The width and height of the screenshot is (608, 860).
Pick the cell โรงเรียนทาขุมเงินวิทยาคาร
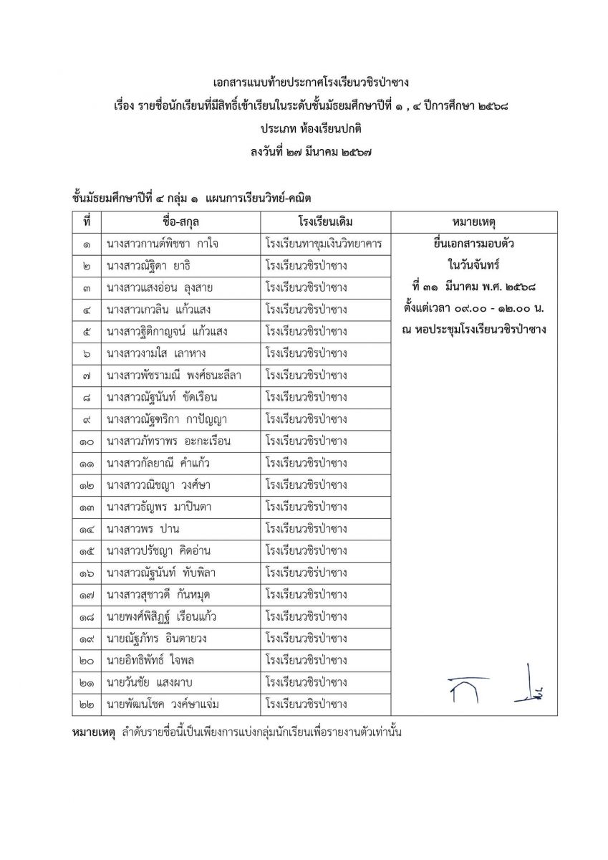tap(323, 244)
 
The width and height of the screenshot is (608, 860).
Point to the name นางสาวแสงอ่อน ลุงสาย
tap(158, 287)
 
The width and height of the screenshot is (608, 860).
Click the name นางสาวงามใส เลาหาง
tap(156, 353)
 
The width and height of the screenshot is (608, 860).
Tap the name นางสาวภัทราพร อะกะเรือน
tap(168, 441)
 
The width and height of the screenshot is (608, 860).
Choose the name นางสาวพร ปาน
tap(142, 529)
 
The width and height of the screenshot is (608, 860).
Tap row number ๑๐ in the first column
tap(86, 441)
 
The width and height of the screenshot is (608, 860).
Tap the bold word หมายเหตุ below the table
tap(94, 732)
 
